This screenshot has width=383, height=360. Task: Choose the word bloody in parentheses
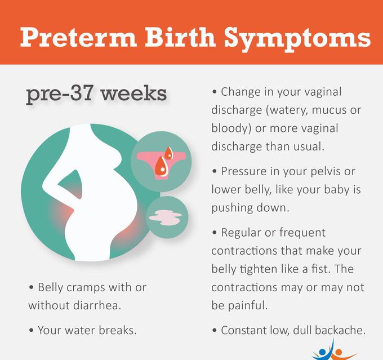click(230, 128)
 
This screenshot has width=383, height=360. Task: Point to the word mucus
click(326, 109)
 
